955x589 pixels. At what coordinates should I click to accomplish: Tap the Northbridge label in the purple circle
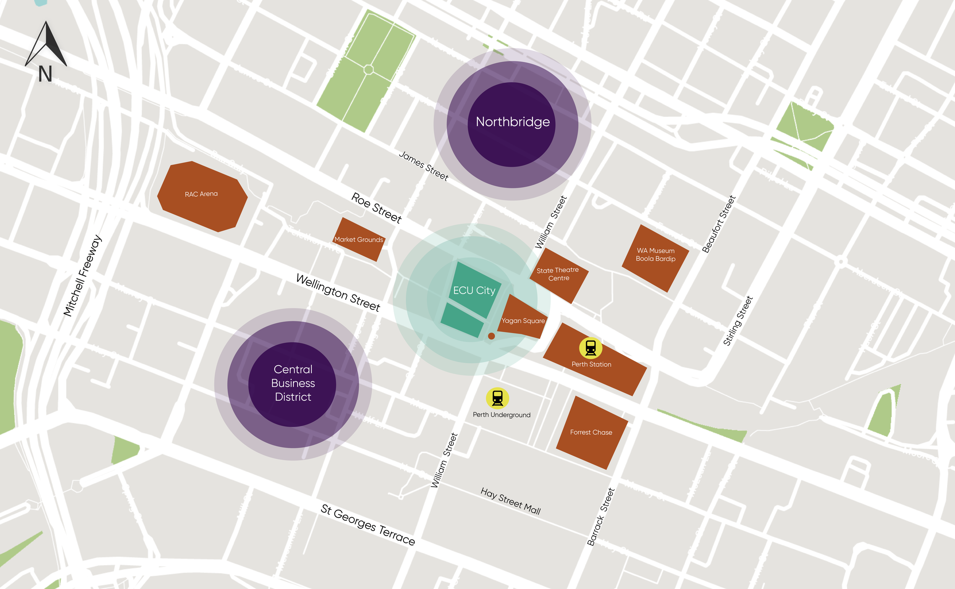(x=512, y=122)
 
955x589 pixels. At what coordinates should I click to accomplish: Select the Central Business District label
(x=293, y=383)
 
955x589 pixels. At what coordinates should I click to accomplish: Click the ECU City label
(x=474, y=290)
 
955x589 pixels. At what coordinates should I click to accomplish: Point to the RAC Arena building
(x=202, y=195)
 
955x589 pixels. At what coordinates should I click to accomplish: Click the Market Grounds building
(x=359, y=240)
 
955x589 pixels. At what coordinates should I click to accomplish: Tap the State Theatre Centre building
(x=558, y=274)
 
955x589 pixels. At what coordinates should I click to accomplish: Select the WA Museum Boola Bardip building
(x=655, y=255)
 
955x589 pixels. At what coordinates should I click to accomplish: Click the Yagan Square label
(x=523, y=321)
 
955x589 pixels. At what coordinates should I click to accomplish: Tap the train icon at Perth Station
(x=591, y=347)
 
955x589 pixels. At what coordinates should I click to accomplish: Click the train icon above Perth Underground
(x=497, y=398)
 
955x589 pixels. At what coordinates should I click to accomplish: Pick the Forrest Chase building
(x=591, y=432)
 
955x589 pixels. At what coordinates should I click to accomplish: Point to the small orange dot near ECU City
(x=492, y=336)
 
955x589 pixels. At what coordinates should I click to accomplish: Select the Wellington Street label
(x=338, y=292)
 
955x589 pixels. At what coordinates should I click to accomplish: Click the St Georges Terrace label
(x=367, y=525)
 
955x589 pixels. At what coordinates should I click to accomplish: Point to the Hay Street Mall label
(x=510, y=501)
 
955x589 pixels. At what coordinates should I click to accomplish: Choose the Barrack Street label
(x=601, y=517)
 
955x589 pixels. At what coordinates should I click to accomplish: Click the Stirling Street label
(x=738, y=321)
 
